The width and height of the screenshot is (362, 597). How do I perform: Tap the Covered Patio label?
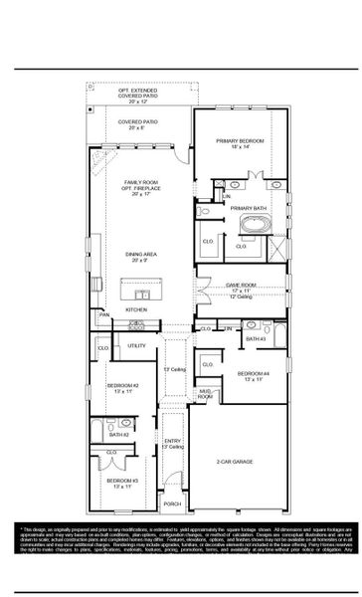pos(138,124)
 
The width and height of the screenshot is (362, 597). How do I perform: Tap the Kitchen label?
pos(136,309)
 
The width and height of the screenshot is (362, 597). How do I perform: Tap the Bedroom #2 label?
pos(124,387)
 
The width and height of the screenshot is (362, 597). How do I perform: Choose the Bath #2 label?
pos(119,435)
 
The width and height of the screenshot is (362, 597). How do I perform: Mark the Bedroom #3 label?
pos(124,484)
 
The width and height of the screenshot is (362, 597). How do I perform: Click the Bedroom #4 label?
pos(249,377)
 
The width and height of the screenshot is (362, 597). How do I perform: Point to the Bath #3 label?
pos(255,339)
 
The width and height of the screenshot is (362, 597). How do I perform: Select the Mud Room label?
pos(204,395)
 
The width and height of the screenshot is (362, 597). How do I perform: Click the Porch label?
pos(173,504)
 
